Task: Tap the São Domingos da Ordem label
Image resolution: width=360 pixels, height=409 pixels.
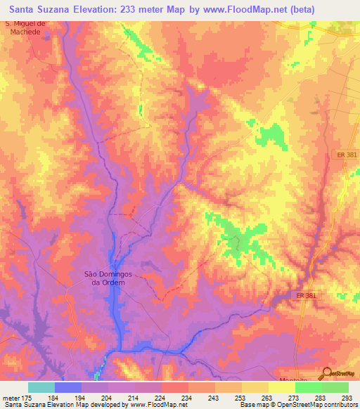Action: coord(104,278)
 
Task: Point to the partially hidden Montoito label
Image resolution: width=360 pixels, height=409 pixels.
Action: coord(300,377)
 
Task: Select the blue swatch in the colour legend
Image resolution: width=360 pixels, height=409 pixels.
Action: coord(68,387)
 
